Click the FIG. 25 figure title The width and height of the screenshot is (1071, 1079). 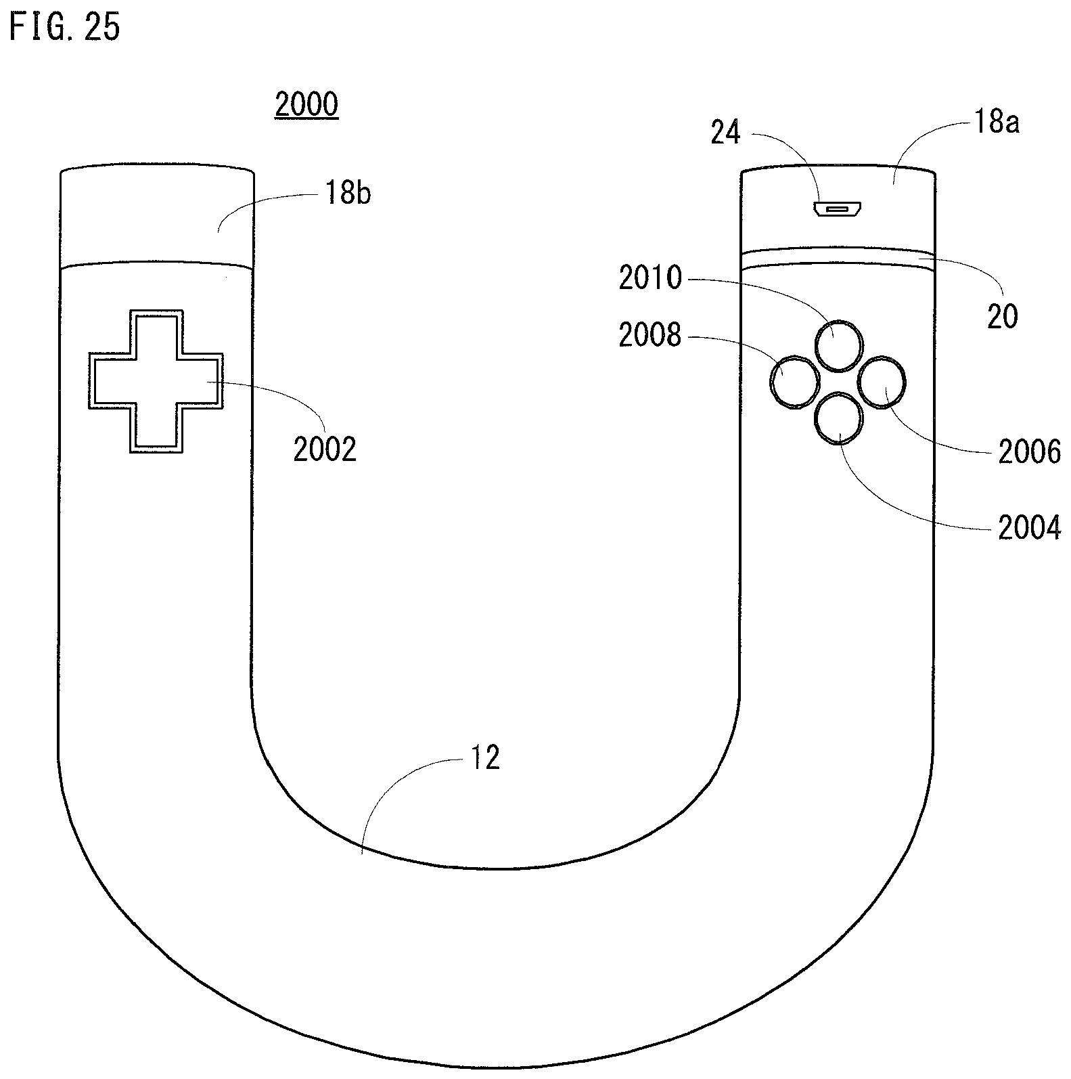65,28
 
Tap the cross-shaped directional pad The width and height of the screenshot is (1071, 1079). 156,381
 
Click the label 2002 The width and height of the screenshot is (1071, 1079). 325,449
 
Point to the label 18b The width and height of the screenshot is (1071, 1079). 348,194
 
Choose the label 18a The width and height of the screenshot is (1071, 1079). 996,123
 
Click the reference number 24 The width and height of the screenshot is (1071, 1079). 726,133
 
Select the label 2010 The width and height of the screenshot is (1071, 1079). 651,278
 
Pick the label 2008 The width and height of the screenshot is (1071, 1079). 651,334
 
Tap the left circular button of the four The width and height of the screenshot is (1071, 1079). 794,382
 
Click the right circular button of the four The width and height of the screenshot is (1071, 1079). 882,382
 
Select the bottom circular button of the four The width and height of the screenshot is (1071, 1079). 839,418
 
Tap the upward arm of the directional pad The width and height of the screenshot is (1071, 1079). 156,332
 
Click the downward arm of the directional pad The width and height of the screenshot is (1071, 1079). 156,430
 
